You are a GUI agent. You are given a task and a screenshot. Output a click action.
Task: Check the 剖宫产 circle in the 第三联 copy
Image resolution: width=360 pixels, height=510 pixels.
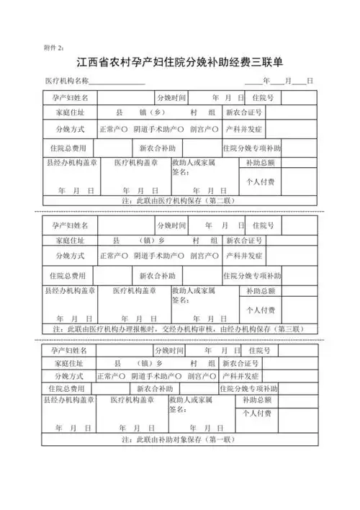215,256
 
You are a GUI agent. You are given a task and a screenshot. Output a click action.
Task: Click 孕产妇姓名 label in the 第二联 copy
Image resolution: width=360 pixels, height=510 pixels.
70,97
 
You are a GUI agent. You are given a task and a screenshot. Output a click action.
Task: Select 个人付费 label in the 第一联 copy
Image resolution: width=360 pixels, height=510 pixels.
257,413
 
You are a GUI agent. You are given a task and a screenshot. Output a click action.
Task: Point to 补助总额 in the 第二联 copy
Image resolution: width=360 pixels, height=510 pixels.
260,163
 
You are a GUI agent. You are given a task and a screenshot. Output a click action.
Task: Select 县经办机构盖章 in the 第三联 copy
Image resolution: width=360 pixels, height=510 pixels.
69,290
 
